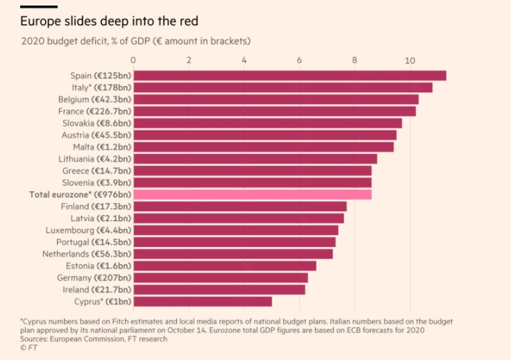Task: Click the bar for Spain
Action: coord(290,76)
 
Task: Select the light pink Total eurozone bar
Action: coord(252,194)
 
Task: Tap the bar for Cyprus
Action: coord(202,301)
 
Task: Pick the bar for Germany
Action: coord(220,277)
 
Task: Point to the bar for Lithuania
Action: coord(255,159)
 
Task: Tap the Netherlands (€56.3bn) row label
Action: coord(89,254)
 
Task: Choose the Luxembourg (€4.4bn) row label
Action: coord(88,230)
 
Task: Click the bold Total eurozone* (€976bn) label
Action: coord(80,194)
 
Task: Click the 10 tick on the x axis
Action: coord(410,60)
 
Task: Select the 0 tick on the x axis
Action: coord(133,60)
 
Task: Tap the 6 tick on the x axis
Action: coord(299,60)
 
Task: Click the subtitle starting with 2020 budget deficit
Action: coord(135,41)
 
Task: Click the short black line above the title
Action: coord(39,7)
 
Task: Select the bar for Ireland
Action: coord(219,289)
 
